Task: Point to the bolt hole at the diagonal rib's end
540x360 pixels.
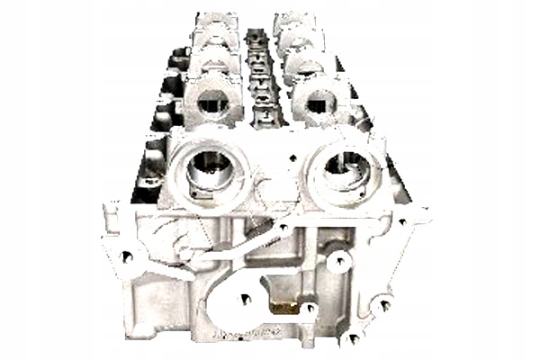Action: tap(284, 228)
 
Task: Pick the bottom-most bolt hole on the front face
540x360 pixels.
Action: tap(352, 338)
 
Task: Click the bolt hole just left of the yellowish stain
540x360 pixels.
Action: tap(243, 299)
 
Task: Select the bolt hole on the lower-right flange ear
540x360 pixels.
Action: tap(384, 304)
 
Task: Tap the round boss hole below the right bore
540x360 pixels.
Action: tap(338, 262)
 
